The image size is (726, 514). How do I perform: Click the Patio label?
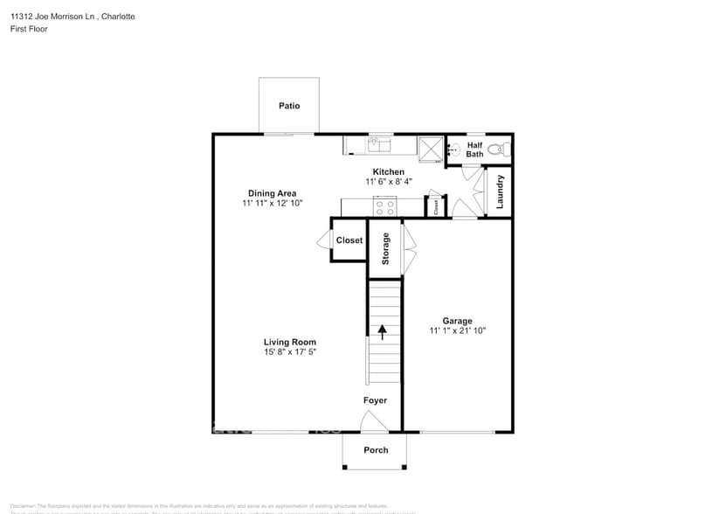pyautogui.click(x=289, y=106)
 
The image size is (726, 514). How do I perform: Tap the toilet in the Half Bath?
pyautogui.click(x=499, y=149)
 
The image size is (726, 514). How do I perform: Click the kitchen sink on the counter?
pyautogui.click(x=379, y=144)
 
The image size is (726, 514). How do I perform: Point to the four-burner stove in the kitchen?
pyautogui.click(x=384, y=207)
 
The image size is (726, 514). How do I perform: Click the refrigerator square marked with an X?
pyautogui.click(x=431, y=148)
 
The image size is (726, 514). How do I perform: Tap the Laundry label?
pyautogui.click(x=501, y=191)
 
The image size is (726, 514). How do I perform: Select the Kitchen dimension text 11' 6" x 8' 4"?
pyautogui.click(x=389, y=182)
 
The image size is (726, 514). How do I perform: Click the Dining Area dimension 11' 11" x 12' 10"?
pyautogui.click(x=272, y=204)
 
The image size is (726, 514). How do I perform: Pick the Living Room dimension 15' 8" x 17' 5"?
pyautogui.click(x=290, y=352)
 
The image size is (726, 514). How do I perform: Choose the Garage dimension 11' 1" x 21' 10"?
pyautogui.click(x=457, y=331)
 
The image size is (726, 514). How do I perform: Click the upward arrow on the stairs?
pyautogui.click(x=382, y=330)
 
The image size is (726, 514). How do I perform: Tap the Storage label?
pyautogui.click(x=385, y=249)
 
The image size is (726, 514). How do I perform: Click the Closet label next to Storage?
pyautogui.click(x=349, y=240)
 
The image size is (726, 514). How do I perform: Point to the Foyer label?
pyautogui.click(x=376, y=400)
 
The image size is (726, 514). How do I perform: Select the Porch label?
pyautogui.click(x=376, y=450)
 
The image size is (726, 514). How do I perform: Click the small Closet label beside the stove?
pyautogui.click(x=435, y=207)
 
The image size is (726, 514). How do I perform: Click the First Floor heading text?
pyautogui.click(x=29, y=29)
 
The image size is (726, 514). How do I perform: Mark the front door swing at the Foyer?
pyautogui.click(x=375, y=424)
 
